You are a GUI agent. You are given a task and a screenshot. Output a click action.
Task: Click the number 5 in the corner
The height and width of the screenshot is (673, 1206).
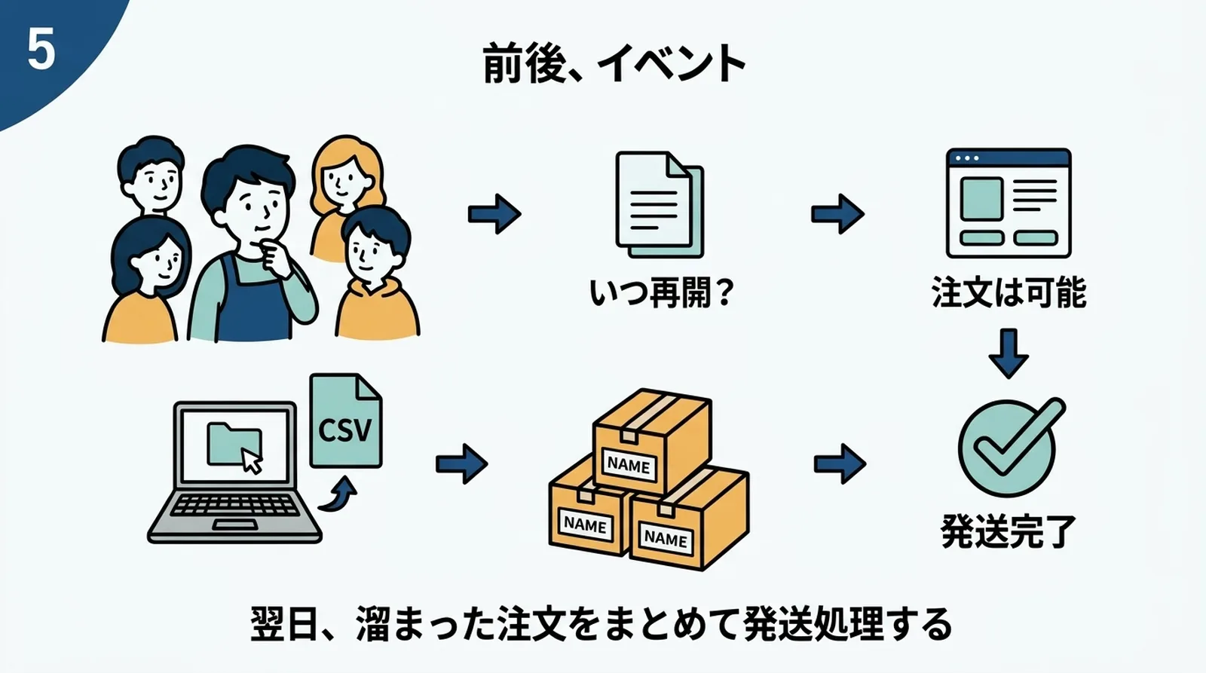tap(41, 50)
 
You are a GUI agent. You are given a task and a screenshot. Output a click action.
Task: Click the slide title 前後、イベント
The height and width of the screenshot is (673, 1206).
tap(614, 63)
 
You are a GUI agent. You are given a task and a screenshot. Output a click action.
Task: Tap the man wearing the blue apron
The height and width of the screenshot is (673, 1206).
tap(252, 249)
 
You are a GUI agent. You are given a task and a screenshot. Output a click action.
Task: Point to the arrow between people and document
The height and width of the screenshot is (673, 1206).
tap(494, 214)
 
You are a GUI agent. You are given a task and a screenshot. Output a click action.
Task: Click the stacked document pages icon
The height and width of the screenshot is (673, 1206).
tap(659, 205)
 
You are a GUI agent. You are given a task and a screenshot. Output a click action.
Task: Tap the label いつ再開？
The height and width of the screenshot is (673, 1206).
tap(661, 292)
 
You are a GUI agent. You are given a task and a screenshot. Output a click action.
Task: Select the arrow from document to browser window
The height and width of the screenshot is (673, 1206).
tap(837, 214)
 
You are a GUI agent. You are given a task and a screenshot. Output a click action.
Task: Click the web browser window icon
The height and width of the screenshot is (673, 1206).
tap(1008, 203)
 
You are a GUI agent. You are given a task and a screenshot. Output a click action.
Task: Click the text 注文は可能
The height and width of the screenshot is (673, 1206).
tap(1008, 292)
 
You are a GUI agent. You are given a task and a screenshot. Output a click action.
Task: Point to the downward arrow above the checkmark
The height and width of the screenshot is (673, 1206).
tap(1008, 353)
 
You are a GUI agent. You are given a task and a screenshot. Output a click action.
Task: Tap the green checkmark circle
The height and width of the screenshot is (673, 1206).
tap(1008, 448)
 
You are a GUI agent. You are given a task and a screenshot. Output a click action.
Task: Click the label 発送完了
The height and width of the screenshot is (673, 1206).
tap(1008, 532)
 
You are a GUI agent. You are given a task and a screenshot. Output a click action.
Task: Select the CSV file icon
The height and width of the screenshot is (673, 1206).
tap(345, 422)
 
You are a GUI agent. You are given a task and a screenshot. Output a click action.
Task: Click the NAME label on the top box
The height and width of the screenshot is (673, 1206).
tap(628, 465)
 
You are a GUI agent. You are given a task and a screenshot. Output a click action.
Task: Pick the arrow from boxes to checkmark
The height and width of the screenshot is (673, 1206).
tap(840, 463)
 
